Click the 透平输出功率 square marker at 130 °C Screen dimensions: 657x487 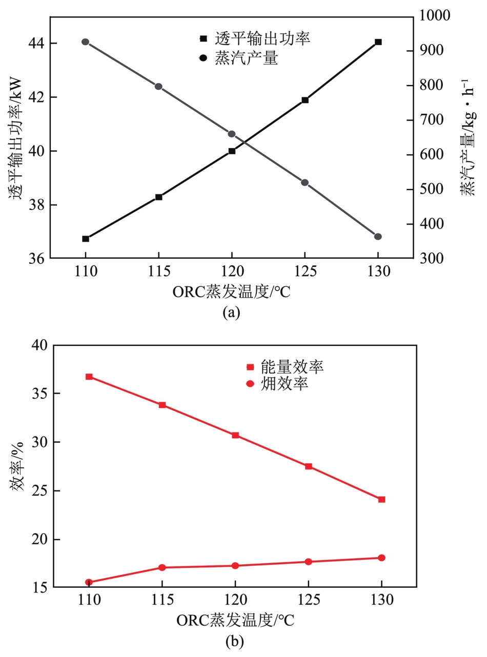(378, 42)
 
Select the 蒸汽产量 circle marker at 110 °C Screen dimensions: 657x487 (86, 42)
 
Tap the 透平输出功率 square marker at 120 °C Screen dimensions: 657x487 (232, 151)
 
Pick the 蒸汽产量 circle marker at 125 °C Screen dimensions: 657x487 (305, 182)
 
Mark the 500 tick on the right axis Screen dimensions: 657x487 (432, 190)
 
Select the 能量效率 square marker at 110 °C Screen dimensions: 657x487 (89, 377)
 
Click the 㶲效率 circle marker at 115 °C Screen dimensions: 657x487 (162, 567)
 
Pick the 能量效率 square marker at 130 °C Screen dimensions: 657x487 (381, 499)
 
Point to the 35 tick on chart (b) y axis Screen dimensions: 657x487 (40, 394)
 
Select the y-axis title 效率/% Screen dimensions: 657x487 (18, 467)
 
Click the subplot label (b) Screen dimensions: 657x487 (235, 641)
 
